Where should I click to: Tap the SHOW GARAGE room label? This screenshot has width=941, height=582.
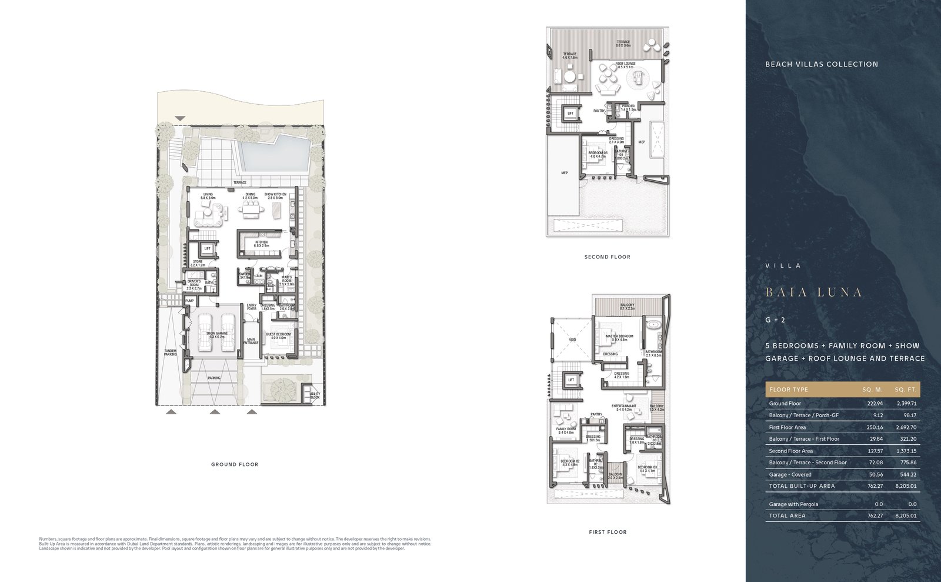coord(216,335)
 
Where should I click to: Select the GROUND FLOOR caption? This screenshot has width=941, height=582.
coord(235,465)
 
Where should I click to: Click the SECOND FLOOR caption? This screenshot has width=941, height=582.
coord(607,257)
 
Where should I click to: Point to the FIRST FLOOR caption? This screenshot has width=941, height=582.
coord(608,532)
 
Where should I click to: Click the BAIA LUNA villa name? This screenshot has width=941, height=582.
coord(814,292)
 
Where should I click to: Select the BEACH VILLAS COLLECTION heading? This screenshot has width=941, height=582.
coord(821,64)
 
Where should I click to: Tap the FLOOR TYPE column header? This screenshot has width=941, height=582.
coord(789,390)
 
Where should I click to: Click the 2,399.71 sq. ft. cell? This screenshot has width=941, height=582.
coord(906,404)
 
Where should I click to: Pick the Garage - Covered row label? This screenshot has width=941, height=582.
coord(790,474)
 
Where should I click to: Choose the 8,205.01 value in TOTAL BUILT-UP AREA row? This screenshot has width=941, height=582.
coord(906,486)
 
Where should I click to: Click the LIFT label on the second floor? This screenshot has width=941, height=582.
coord(570,114)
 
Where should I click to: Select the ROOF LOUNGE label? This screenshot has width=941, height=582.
coord(625,65)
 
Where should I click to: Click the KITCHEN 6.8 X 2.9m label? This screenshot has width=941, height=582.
coord(261,244)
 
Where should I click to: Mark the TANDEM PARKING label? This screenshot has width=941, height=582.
coord(170,352)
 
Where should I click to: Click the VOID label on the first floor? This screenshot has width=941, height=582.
coord(572,340)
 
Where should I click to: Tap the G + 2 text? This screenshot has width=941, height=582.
coord(775,320)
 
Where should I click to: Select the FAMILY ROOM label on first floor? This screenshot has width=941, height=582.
coord(565,431)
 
